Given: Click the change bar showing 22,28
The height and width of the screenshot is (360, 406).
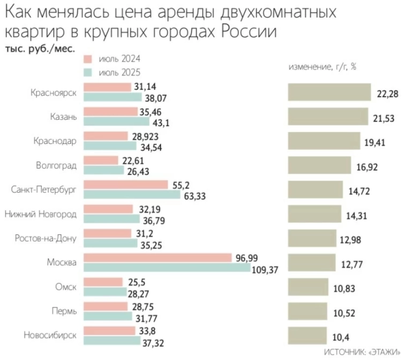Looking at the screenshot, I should pyautogui.click(x=329, y=92).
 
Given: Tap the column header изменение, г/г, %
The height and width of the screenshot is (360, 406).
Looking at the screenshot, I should pyautogui.click(x=322, y=67).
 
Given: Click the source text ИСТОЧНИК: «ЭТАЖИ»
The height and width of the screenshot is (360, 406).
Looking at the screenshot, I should pyautogui.click(x=363, y=352).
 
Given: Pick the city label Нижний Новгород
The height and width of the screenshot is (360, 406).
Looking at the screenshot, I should pyautogui.click(x=41, y=214).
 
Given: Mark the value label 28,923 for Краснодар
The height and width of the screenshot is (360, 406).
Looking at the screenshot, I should pyautogui.click(x=144, y=136).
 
